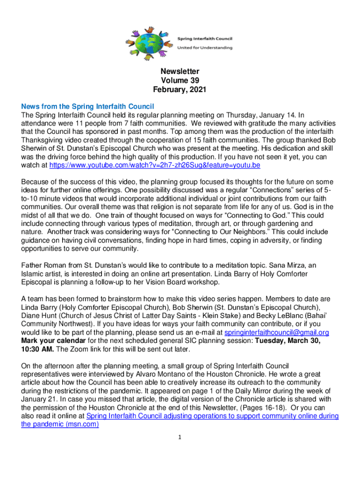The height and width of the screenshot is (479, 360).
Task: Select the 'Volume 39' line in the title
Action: point(180,80)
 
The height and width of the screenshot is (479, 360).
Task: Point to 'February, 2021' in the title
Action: point(180,89)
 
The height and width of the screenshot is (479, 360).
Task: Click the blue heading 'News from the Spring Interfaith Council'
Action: point(88,106)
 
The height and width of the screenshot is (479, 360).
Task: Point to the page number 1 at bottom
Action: point(180,437)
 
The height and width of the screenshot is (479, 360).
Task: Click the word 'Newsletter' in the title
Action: point(180,72)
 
